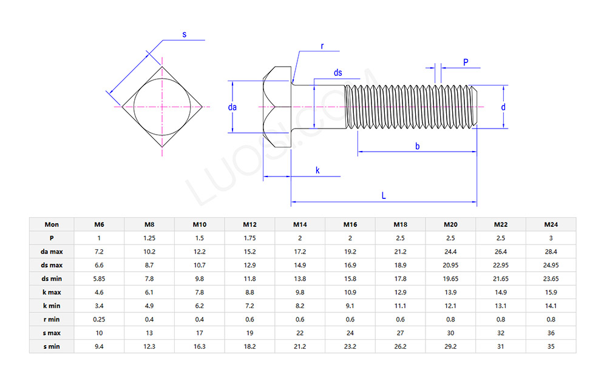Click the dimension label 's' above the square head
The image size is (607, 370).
pos(185,34)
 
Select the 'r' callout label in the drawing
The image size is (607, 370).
pos(322,46)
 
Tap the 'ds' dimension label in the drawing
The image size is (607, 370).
pos(338,73)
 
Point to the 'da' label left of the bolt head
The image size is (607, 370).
pos(232,107)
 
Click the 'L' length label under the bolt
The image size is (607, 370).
pos(384,195)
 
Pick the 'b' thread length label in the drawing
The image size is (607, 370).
pos(417,146)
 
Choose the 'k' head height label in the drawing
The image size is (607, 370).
pos(317,170)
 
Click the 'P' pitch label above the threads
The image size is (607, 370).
pos(466,62)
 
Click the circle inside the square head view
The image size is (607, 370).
pos(162,107)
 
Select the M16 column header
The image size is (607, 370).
pos(350,224)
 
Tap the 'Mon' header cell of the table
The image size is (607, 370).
pos(52,224)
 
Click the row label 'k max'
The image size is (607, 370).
pos(52,292)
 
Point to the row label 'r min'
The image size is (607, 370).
pos(52,320)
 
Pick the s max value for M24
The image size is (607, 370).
pos(551,333)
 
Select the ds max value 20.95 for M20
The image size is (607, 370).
pos(450,265)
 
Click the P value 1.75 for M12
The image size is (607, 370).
pos(250,238)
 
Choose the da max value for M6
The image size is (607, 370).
pos(99,252)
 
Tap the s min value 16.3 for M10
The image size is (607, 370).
pos(200,346)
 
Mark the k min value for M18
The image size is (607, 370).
pos(400,306)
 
